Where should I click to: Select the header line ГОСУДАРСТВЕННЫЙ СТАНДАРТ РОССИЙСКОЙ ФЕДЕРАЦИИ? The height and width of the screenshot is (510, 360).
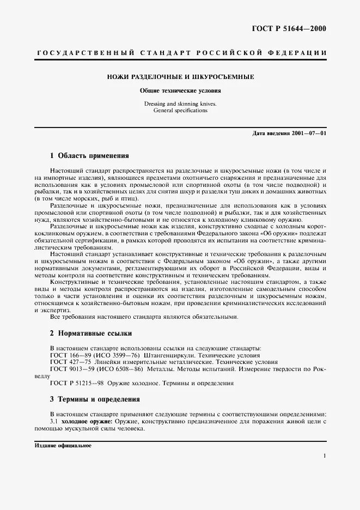pyautogui.click(x=181, y=53)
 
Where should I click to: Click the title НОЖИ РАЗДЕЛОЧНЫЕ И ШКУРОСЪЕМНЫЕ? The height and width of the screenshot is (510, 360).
pyautogui.click(x=180, y=77)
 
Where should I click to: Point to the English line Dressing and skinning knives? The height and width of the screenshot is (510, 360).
pyautogui.click(x=180, y=103)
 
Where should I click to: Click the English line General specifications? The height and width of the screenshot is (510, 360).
pyautogui.click(x=180, y=110)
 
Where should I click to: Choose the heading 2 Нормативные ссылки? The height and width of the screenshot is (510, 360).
pyautogui.click(x=90, y=333)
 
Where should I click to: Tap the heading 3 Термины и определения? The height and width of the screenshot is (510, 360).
pyautogui.click(x=95, y=399)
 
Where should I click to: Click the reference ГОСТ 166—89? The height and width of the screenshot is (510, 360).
pyautogui.click(x=68, y=355)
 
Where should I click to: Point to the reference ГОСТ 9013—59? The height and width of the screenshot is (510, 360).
pyautogui.click(x=69, y=369)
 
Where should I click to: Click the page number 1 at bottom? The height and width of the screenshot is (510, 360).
pyautogui.click(x=325, y=457)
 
